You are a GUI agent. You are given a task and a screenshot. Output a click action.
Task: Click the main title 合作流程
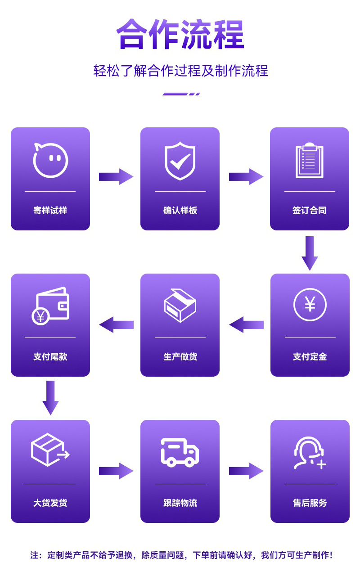pyautogui.click(x=180, y=34)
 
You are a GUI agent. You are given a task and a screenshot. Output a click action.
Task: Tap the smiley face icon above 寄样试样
pyautogui.click(x=50, y=160)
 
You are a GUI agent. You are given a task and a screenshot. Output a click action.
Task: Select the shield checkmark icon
pyautogui.click(x=180, y=161)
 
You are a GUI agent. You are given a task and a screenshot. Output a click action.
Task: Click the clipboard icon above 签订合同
pyautogui.click(x=310, y=161)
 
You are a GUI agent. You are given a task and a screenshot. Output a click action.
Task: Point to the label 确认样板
pyautogui.click(x=180, y=210)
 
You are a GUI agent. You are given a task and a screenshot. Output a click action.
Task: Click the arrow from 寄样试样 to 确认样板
pyautogui.click(x=116, y=176)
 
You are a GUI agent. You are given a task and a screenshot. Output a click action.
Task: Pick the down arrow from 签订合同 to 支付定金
pyautogui.click(x=310, y=253)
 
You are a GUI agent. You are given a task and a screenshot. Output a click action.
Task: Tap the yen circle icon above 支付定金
pyautogui.click(x=310, y=305)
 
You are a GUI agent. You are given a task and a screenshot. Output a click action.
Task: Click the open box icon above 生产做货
pyautogui.click(x=180, y=306)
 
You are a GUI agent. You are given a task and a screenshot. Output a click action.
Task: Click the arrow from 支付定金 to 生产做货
pyautogui.click(x=246, y=324)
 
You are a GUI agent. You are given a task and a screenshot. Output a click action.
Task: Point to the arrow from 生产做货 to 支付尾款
pyautogui.click(x=116, y=324)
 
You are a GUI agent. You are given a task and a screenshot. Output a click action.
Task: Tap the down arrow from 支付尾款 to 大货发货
pyautogui.click(x=50, y=397)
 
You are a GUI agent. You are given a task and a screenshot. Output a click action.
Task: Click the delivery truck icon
pyautogui.click(x=180, y=452)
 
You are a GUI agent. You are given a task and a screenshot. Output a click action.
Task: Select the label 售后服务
pyautogui.click(x=310, y=503)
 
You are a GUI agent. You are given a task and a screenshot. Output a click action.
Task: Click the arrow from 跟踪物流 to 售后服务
pyautogui.click(x=246, y=471)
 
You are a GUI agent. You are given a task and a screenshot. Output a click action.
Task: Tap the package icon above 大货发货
pyautogui.click(x=50, y=450)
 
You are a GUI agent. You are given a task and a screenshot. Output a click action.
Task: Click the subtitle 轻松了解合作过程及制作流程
pyautogui.click(x=180, y=71)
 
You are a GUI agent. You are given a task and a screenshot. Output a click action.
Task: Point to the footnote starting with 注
pyautogui.click(x=181, y=555)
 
